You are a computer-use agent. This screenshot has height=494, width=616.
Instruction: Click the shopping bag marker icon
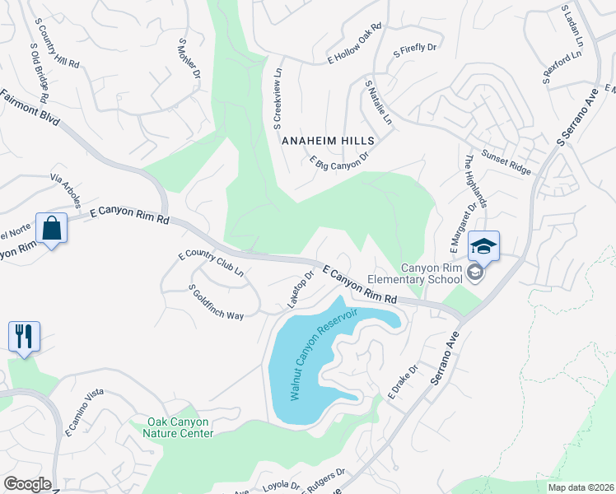pos(51,229)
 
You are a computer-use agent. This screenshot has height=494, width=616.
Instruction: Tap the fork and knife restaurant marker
pos(23,336)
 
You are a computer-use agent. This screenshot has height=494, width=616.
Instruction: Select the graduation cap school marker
pos(483,245)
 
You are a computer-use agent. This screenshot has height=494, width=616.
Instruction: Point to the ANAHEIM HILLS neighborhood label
pos(329,141)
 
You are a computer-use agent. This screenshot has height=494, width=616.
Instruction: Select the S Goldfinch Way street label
pos(217,303)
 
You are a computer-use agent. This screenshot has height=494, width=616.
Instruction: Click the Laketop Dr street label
pos(301,290)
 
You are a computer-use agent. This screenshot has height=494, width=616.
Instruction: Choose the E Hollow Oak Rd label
pos(356,43)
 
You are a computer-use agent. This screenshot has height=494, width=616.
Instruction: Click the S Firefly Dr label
pos(414,51)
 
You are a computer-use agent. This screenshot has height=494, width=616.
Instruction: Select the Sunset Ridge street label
pos(506,165)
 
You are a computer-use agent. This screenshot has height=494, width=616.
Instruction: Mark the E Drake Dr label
pos(404,382)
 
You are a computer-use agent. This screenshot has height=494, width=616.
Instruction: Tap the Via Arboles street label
pos(65,190)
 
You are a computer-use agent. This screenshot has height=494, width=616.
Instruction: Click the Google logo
pos(27,484)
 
